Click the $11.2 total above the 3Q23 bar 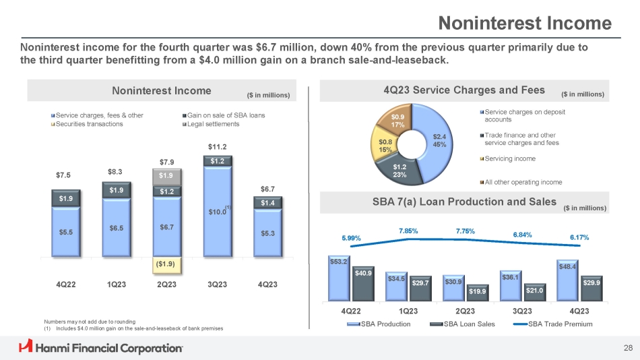point(216,146)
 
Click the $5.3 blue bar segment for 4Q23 point(267,233)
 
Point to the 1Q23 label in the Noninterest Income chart point(117,284)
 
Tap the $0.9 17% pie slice point(397,121)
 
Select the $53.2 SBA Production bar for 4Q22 point(338,279)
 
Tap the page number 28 point(628,348)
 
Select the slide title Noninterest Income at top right point(525,24)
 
